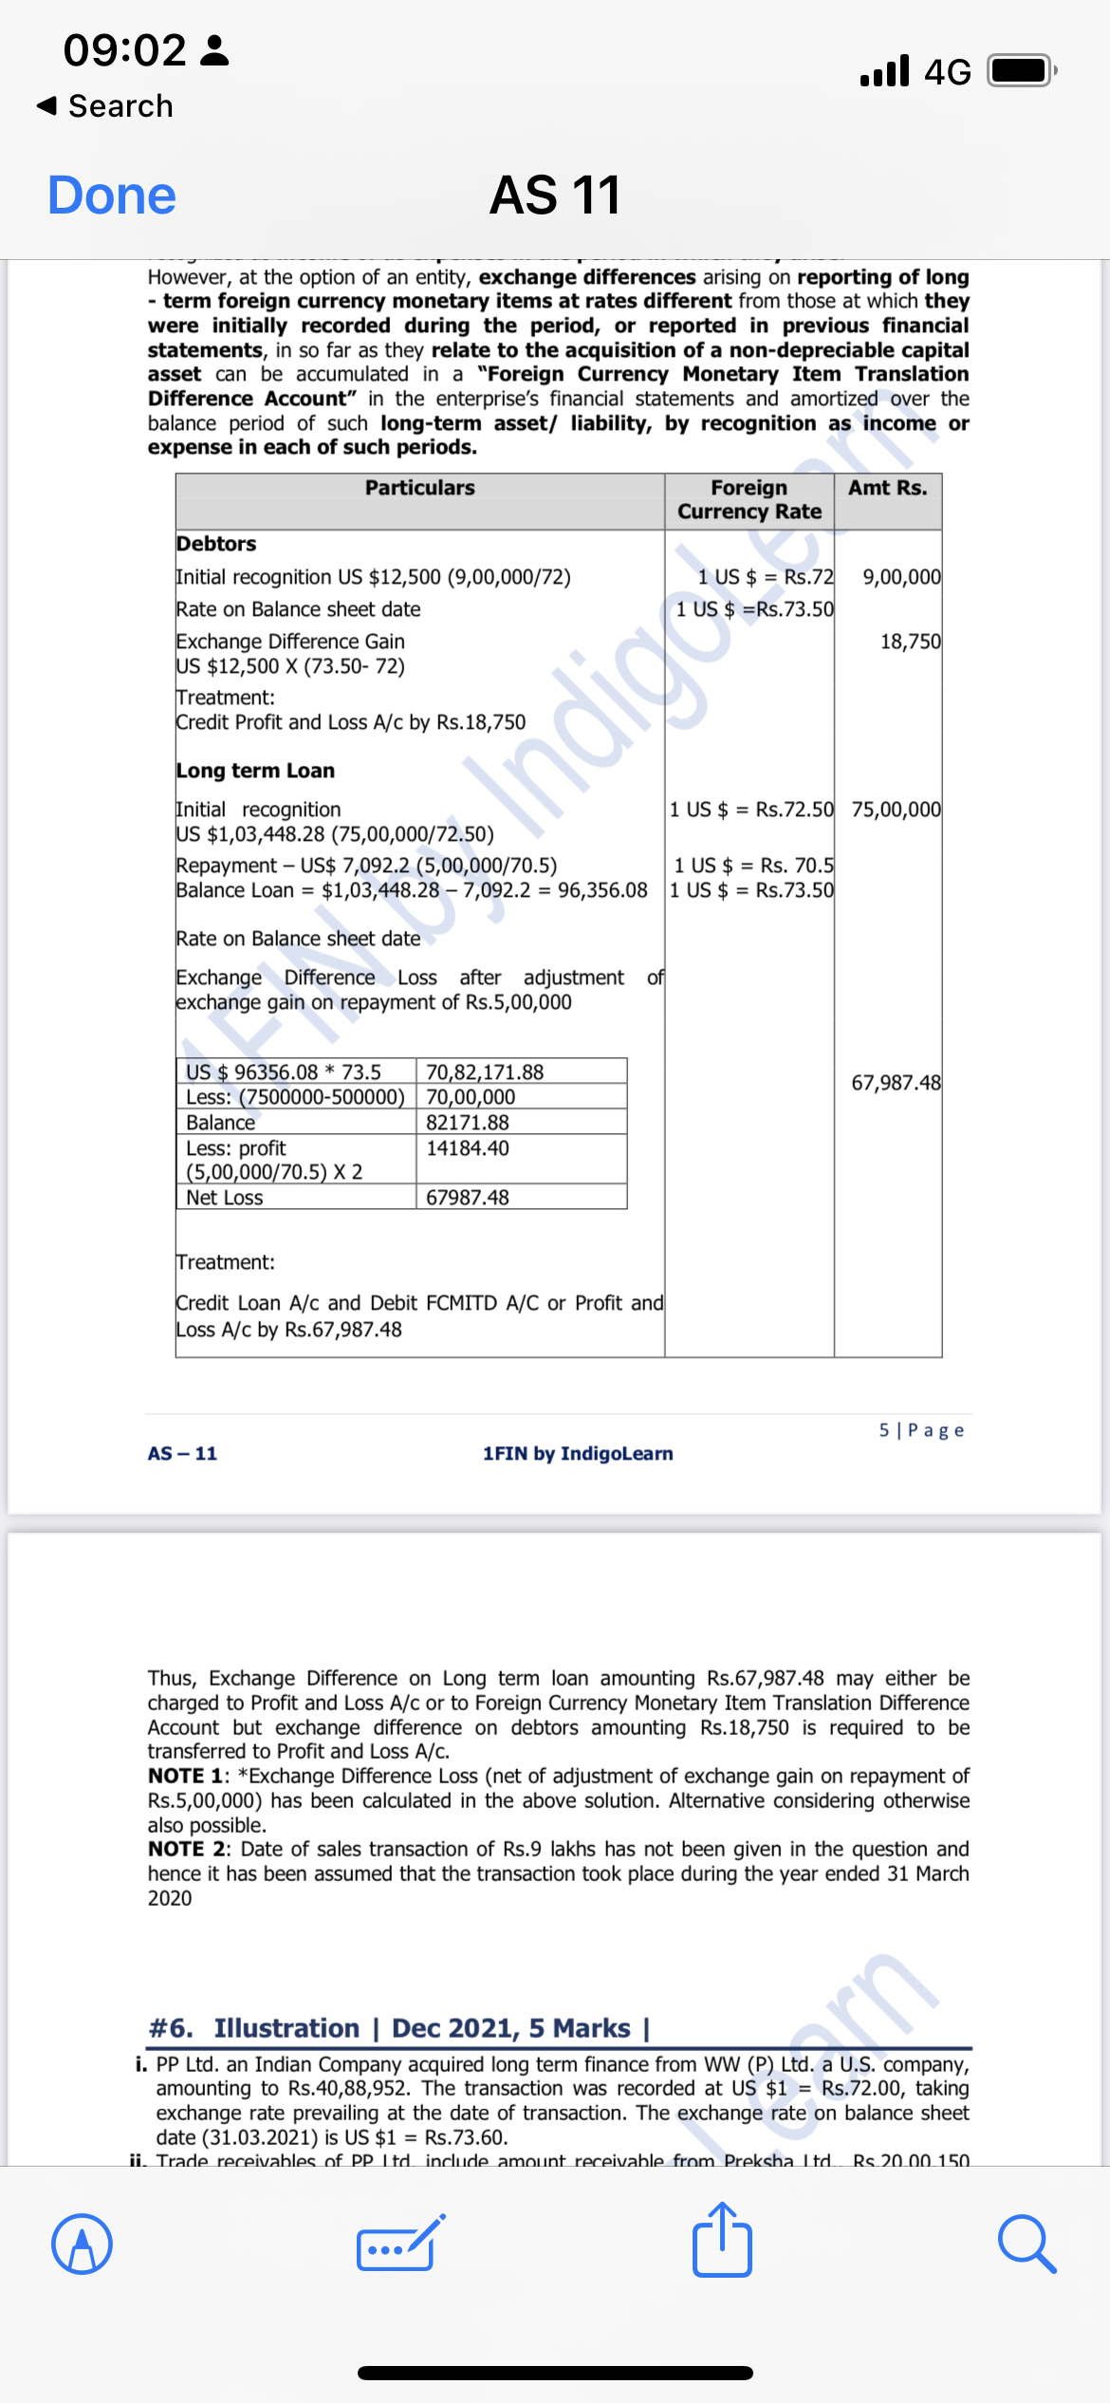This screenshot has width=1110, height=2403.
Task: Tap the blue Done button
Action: (112, 196)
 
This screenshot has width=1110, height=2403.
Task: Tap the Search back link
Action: (105, 105)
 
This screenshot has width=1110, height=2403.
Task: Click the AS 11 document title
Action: (555, 196)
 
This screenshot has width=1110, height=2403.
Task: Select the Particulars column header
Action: (419, 488)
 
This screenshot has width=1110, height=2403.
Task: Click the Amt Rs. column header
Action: (887, 488)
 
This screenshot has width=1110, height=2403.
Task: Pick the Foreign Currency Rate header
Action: (749, 499)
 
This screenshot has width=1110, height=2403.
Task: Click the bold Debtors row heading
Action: (216, 544)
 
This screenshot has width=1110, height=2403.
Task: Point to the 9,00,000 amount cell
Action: (901, 577)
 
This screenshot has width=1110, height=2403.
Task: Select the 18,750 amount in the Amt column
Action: (910, 642)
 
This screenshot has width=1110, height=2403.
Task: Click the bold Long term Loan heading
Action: (255, 771)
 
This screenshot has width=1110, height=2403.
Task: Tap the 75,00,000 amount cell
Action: (896, 810)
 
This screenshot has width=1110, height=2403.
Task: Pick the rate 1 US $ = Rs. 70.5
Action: (753, 866)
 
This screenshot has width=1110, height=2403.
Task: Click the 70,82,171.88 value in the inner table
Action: (485, 1072)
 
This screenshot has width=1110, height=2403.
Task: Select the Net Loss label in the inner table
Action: (224, 1198)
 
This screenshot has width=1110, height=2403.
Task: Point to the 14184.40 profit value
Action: (468, 1148)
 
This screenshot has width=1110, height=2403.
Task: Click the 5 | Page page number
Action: (920, 1430)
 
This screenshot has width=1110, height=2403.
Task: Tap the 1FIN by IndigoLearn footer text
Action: (578, 1454)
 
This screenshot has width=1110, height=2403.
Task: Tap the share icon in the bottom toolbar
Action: (722, 2242)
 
